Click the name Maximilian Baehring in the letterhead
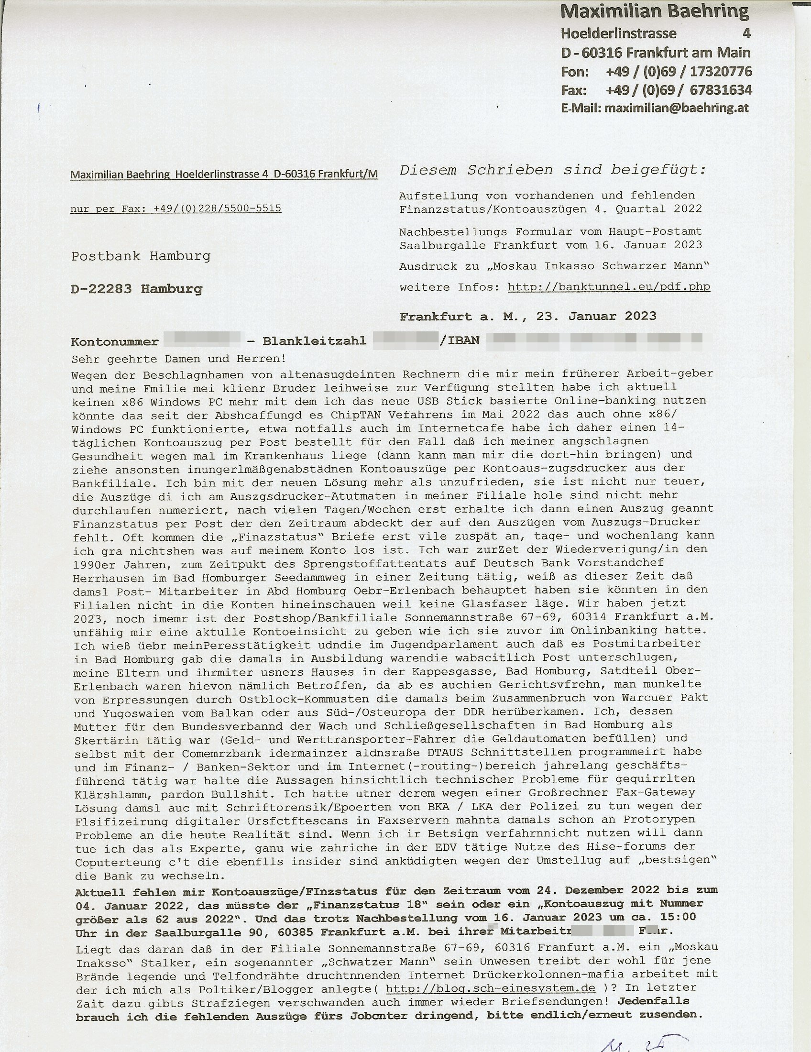click(x=655, y=11)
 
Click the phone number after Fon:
click(x=679, y=71)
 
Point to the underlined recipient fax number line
click(x=176, y=208)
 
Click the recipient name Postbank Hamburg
click(x=141, y=256)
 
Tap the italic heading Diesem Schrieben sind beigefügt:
click(x=553, y=170)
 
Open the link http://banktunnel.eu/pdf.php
click(x=609, y=287)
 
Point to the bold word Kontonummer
click(x=115, y=342)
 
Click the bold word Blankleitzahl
click(x=314, y=341)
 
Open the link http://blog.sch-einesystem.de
click(x=491, y=988)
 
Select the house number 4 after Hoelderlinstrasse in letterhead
click(x=746, y=33)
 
